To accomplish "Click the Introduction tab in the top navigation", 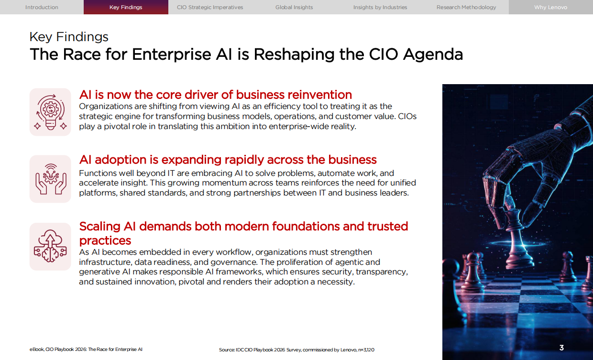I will (42, 7).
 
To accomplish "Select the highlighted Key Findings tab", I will (126, 7).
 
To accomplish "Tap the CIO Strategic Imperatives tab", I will (210, 7).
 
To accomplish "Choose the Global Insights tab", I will (294, 7).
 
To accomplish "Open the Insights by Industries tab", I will (380, 7).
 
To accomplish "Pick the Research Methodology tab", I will (466, 7).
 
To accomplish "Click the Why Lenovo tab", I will (550, 7).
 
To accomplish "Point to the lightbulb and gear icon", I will (50, 112).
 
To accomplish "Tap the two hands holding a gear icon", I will (50, 179).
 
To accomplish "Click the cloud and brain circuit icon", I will (50, 247).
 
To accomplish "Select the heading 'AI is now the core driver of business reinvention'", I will (215, 95).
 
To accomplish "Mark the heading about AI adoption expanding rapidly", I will (228, 160).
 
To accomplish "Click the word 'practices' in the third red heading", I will (105, 240).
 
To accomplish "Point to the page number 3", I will (561, 348).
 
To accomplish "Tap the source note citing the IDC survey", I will (296, 350).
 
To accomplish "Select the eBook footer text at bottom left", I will (86, 350).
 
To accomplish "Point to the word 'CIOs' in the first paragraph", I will (407, 116).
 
